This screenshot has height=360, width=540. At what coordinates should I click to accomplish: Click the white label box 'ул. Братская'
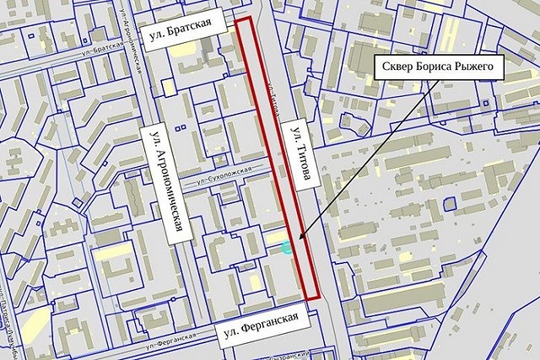click(x=186, y=34)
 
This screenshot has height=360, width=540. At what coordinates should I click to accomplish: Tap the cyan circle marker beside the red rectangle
click(x=288, y=248)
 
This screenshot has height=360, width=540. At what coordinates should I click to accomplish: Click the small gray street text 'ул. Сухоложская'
click(x=224, y=175)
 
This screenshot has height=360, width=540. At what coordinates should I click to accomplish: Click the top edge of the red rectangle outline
click(x=245, y=18)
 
